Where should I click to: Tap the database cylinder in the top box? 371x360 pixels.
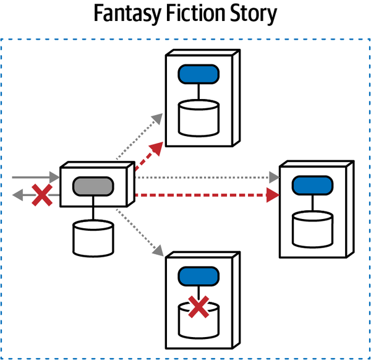click(198, 118)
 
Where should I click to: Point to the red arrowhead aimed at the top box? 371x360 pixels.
click(158, 146)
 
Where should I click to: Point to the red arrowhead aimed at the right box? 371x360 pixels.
click(272, 195)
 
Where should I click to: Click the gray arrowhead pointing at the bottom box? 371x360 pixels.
click(158, 252)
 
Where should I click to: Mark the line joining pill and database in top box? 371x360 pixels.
click(198, 93)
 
